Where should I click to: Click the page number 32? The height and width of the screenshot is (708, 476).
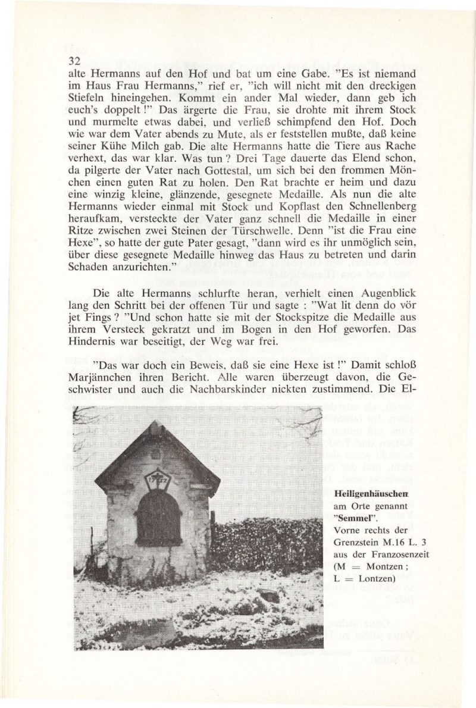[74, 61]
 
